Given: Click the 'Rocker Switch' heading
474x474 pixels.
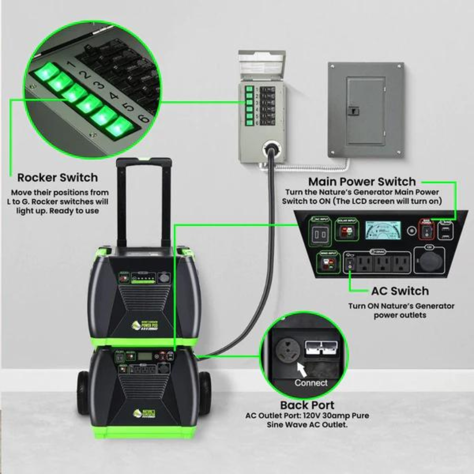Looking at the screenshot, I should coord(57,178).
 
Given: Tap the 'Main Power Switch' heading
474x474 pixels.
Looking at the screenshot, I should coord(362,182).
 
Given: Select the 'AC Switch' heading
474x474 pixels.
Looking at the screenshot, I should coord(400,291).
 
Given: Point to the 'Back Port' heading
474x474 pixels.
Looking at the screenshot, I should coord(307,405).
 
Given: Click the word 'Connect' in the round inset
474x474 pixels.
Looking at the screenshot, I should coord(311,383).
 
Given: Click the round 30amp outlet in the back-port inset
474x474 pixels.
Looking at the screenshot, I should coord(287,348).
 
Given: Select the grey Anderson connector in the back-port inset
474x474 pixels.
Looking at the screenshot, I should coord(325,346).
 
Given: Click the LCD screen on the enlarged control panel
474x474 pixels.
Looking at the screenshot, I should coord(383,230).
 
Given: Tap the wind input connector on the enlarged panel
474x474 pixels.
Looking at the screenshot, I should coord(327,263).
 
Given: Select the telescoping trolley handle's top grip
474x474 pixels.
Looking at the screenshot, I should coord(144,162).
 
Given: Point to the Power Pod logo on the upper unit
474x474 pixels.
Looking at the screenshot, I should coord(145,325).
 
